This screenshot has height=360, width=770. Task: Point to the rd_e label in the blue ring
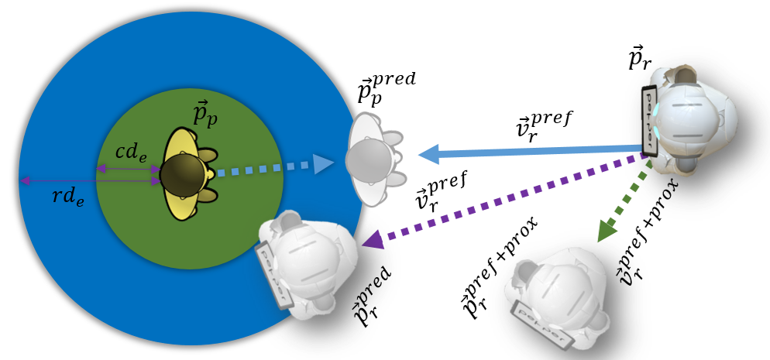pyautogui.click(x=68, y=196)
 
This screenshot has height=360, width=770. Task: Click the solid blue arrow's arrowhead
pyautogui.click(x=428, y=154)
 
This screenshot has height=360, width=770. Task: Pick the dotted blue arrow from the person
pyautogui.click(x=271, y=167)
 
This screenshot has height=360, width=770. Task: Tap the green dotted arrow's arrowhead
pyautogui.click(x=607, y=230)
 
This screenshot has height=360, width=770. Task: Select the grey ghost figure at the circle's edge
pyautogui.click(x=373, y=160)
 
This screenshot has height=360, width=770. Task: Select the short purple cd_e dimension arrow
pyautogui.click(x=129, y=169)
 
